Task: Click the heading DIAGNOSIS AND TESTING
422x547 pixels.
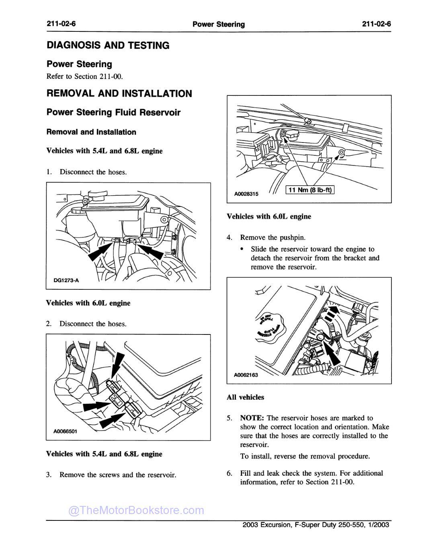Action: pos(108,45)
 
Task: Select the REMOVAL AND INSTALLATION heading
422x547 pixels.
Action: pos(119,94)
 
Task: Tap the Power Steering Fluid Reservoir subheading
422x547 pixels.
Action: pos(113,112)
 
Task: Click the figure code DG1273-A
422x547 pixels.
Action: pos(66,281)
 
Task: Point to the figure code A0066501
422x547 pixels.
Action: pos(65,431)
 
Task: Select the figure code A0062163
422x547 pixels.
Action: pos(246,375)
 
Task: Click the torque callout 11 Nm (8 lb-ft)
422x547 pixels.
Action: pos(310,190)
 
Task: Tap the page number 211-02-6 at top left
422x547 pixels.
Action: pos(61,24)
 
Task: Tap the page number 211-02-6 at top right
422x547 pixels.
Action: pos(376,24)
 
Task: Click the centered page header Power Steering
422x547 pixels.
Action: pos(219,24)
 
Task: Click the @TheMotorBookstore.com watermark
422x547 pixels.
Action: pos(136,510)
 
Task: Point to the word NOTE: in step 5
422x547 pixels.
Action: pos(252,418)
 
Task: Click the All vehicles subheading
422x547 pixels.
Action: pos(245,397)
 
